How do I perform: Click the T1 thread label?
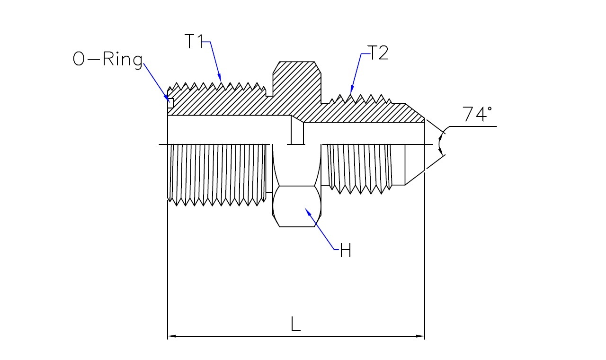point(194,41)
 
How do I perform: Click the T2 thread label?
point(378,53)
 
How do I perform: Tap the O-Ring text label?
point(107,60)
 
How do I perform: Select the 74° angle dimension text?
point(477,114)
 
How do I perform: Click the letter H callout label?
point(346,250)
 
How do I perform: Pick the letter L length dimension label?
point(295,324)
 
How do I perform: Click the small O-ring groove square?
point(170,103)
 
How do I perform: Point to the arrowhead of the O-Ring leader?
point(167,99)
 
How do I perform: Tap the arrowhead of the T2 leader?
point(352,90)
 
